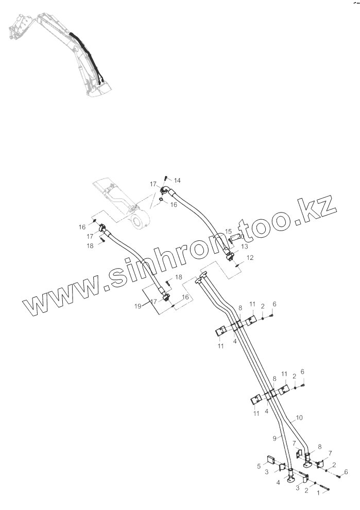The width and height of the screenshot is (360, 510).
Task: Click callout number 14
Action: pos(177,180)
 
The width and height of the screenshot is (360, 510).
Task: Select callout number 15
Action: pos(228,232)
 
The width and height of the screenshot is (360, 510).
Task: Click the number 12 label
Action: pos(250,257)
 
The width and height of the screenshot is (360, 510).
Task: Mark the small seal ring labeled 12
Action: pos(236,266)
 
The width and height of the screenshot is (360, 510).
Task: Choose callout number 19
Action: pos(138,306)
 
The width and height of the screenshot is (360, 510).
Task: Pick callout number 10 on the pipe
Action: pos(299,418)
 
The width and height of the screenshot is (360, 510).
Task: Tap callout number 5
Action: pos(259,466)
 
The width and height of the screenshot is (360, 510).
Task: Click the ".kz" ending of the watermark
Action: pos(316,212)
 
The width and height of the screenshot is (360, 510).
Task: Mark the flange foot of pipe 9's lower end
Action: pos(292,480)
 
